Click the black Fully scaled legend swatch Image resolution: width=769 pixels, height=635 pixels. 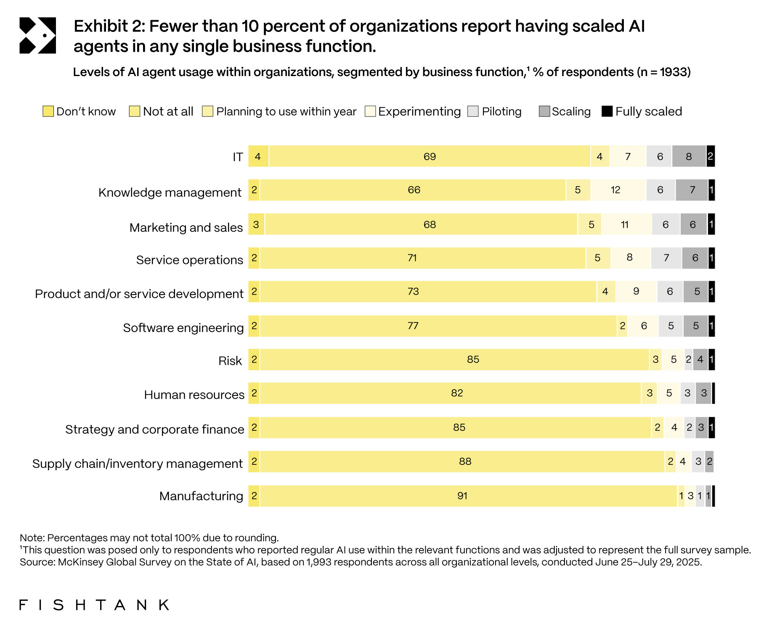point(607,111)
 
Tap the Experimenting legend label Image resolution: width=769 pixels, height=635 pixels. point(419,111)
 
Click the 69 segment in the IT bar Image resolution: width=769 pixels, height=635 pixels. point(430,156)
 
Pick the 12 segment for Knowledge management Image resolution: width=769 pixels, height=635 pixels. point(615,190)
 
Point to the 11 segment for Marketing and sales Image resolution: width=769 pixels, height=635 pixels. point(625,224)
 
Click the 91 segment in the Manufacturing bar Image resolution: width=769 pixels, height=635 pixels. point(462,496)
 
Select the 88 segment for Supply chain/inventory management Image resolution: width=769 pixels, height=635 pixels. point(465,461)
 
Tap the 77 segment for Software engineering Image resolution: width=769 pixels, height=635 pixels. point(413,326)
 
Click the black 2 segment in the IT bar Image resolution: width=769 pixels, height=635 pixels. point(710,156)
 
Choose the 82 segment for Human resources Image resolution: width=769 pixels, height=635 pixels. point(457,393)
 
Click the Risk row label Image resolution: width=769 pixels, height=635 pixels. point(230,361)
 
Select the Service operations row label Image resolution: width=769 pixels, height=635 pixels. point(189,260)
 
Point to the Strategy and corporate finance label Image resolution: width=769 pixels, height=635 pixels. point(154,429)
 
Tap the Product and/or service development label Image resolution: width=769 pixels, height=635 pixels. point(139,294)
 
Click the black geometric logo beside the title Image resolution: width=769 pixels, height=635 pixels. point(37,36)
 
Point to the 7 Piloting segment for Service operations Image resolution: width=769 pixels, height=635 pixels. point(666,258)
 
